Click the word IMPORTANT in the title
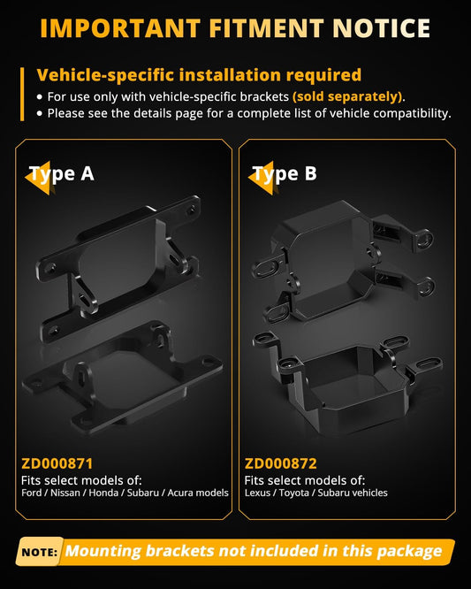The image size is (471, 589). [120, 28]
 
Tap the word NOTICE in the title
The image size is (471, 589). [381, 28]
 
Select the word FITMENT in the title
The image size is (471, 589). [267, 28]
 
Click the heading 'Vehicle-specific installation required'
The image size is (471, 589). [199, 75]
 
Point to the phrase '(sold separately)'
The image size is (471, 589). [347, 97]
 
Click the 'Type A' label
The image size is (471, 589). [62, 173]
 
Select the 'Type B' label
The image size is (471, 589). [285, 173]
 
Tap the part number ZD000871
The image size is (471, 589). [57, 463]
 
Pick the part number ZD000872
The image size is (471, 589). [280, 463]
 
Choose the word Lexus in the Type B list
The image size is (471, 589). [257, 493]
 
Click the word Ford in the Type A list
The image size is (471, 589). [32, 493]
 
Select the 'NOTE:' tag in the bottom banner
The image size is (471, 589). [40, 552]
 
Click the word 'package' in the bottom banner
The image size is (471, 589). [409, 552]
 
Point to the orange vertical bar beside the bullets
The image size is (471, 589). [22, 95]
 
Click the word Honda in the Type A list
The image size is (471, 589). [103, 493]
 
